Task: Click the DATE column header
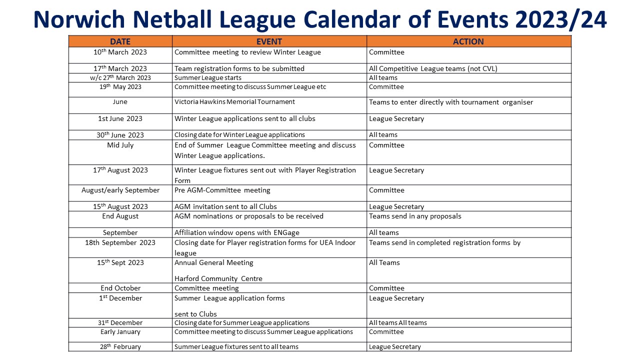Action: click(x=120, y=41)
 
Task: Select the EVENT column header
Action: click(x=269, y=41)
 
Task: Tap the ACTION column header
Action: click(x=468, y=41)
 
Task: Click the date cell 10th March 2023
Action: click(x=120, y=52)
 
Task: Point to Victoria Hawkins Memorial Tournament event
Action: click(x=234, y=102)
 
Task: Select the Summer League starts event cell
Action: click(x=207, y=78)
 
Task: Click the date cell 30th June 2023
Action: click(x=120, y=135)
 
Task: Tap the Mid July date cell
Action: click(x=120, y=145)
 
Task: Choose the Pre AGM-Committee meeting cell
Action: click(x=222, y=190)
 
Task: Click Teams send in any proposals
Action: click(x=415, y=216)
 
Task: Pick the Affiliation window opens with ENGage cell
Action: click(x=237, y=233)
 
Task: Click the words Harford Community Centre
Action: click(x=218, y=278)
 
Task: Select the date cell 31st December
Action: click(x=120, y=323)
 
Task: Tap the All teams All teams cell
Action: click(x=397, y=323)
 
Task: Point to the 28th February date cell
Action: click(x=120, y=347)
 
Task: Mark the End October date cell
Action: click(x=120, y=288)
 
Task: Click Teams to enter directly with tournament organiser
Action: click(x=450, y=102)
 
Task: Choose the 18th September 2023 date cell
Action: click(x=120, y=243)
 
